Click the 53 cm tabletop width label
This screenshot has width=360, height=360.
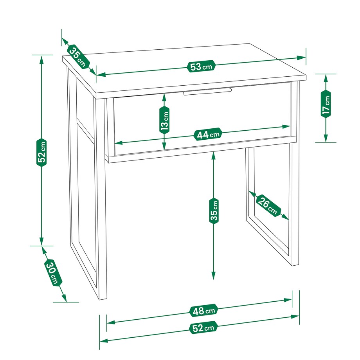(202, 67)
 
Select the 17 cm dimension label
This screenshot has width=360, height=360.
(326, 104)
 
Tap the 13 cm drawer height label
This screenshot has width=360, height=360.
(164, 120)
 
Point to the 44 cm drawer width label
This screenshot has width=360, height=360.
(208, 134)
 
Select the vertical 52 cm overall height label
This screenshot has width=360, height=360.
(41, 152)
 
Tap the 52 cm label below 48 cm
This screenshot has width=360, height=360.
(203, 328)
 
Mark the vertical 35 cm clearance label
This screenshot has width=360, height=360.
(214, 211)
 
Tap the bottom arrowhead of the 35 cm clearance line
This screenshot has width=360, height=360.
(214, 275)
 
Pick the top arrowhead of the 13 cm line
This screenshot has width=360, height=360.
(164, 98)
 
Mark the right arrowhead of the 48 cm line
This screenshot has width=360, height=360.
(288, 300)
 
